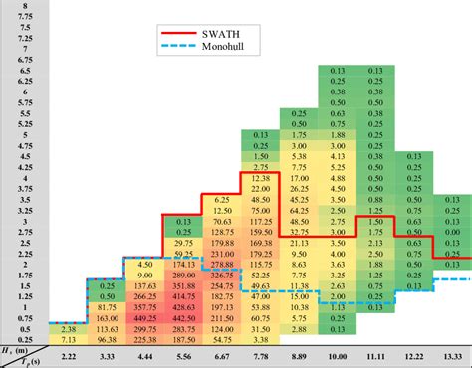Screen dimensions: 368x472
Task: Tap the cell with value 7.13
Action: tap(69, 341)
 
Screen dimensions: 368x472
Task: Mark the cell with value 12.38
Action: tap(262, 177)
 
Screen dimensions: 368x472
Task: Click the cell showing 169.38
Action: tap(262, 242)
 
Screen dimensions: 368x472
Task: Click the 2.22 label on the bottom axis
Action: tap(69, 356)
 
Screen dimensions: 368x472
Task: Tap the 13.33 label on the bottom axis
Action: tap(451, 356)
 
